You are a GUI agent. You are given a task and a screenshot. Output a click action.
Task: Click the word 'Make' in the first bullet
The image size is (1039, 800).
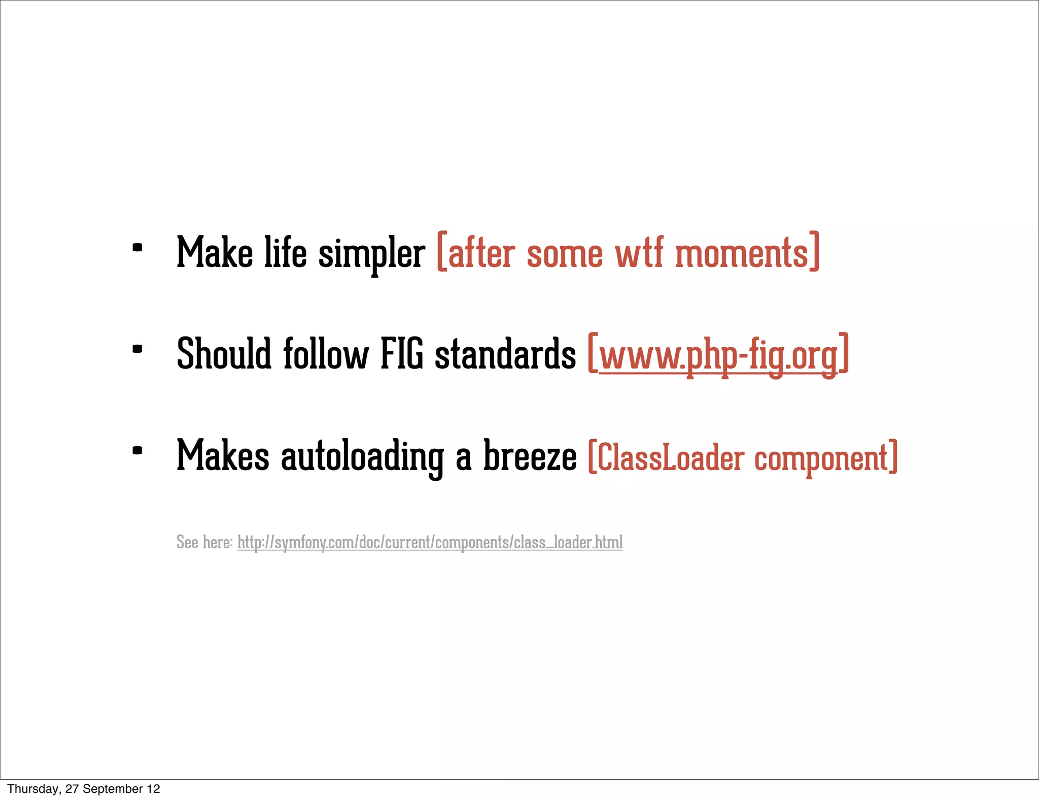click(214, 253)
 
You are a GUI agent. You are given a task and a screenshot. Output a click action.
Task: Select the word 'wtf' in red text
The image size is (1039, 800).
click(639, 253)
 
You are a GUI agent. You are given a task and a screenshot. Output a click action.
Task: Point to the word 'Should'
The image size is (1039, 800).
click(224, 354)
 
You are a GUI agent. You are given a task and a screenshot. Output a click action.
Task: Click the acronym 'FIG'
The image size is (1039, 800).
click(402, 354)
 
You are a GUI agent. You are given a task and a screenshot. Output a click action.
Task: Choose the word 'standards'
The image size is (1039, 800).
click(505, 354)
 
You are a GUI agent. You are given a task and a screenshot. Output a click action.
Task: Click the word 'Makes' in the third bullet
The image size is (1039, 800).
click(223, 456)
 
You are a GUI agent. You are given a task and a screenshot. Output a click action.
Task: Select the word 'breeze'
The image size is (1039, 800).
click(530, 456)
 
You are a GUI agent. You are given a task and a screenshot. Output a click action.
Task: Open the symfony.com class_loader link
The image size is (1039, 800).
click(430, 542)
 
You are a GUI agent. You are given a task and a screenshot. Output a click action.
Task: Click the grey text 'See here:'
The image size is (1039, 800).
click(204, 542)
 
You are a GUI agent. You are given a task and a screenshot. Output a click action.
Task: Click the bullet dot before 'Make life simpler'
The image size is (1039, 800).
click(137, 248)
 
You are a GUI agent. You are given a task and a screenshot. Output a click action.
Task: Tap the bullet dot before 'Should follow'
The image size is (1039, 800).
click(137, 349)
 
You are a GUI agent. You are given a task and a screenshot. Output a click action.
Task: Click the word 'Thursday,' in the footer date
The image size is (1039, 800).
click(33, 789)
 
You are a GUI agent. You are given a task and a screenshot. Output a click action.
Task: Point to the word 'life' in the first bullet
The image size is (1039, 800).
click(286, 253)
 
